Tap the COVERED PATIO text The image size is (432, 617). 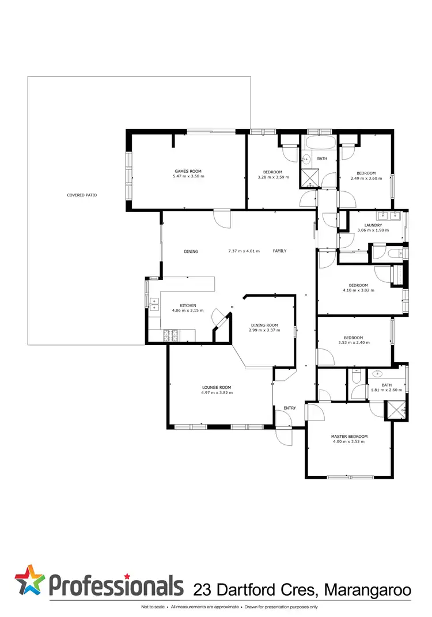tap(82, 195)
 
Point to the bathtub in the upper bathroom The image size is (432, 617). tap(319, 144)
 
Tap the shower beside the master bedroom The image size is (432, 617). tap(396, 408)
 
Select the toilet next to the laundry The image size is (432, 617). tap(396, 253)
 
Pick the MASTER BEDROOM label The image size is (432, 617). tap(349, 437)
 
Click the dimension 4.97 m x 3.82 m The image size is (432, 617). tap(217, 393)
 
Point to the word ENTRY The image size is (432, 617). tap(289, 408)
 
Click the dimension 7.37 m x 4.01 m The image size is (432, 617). tap(244, 251)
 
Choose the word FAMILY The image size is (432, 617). tap(279, 251)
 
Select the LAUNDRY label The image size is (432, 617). tap(373, 225)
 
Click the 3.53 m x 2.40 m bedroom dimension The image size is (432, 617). tap(354, 343)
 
